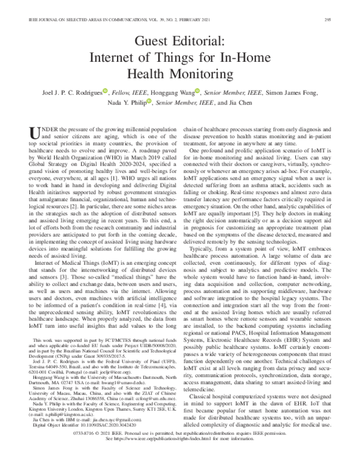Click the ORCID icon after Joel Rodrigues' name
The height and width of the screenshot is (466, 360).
pyautogui.click(x=105, y=91)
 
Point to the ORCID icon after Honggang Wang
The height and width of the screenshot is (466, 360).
pyautogui.click(x=197, y=91)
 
